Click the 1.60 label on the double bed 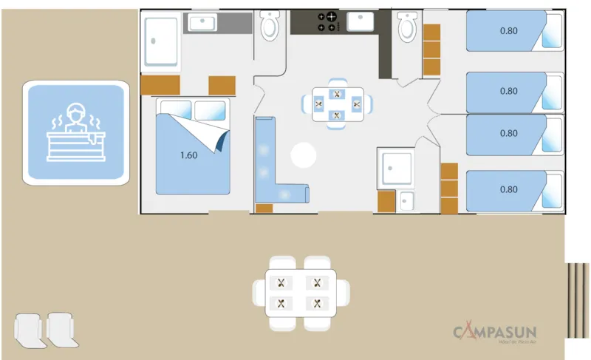tap(189, 156)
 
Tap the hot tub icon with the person tap(75, 132)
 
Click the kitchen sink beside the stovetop tap(362, 21)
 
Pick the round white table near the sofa tap(303, 155)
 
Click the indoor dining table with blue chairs tap(337, 104)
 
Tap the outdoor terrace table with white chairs tap(299, 293)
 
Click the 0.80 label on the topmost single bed tap(508, 31)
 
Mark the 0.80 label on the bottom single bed tap(508, 189)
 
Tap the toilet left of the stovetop tap(270, 27)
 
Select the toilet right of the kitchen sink tap(407, 28)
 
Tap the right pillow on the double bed tap(211, 111)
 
